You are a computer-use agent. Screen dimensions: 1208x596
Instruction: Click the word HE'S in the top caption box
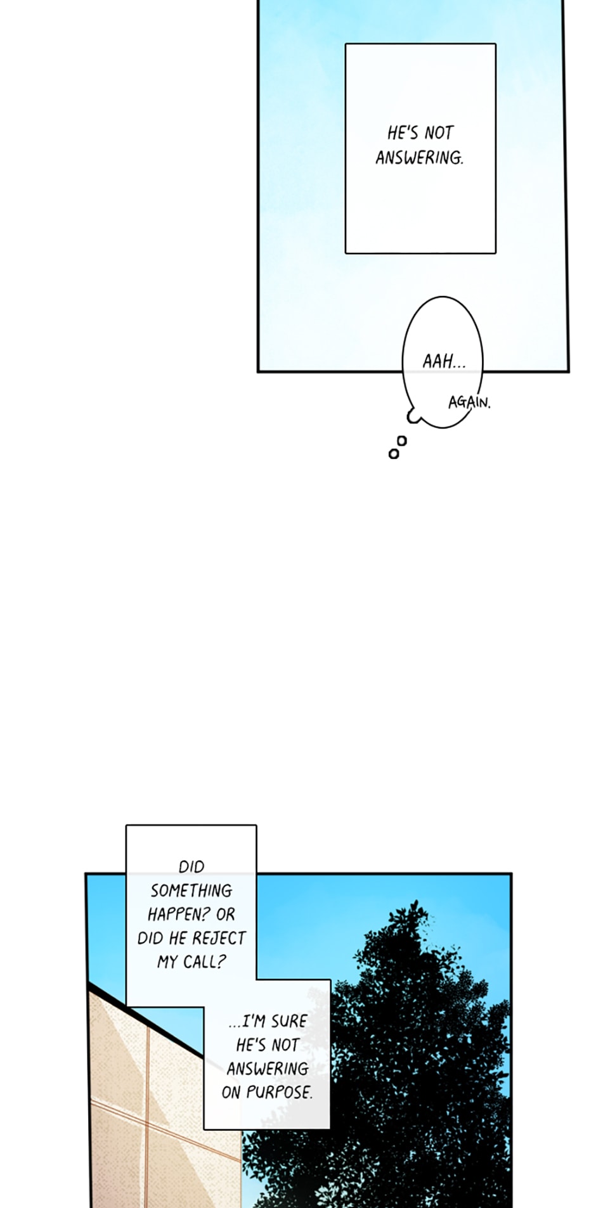click(403, 133)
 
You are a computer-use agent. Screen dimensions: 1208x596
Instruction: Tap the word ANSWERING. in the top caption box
click(419, 158)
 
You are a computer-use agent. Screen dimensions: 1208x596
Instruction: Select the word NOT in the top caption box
click(439, 133)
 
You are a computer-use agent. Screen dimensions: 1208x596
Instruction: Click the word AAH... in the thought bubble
click(443, 362)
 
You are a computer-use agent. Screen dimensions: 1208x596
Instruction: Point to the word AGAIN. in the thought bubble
click(469, 402)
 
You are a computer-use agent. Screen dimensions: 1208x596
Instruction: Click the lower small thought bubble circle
click(394, 454)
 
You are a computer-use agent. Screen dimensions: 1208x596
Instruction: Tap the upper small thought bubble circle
click(401, 440)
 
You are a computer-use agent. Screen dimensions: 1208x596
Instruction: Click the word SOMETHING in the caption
click(191, 891)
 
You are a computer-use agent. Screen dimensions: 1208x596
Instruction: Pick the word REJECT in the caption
click(219, 939)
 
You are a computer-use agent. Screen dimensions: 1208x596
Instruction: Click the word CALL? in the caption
click(204, 962)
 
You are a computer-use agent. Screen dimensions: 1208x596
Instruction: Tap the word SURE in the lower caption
click(288, 1021)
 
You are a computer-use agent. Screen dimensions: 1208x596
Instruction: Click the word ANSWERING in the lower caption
click(268, 1069)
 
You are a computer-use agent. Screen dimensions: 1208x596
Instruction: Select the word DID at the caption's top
click(191, 867)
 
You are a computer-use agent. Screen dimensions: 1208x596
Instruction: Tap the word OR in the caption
click(225, 915)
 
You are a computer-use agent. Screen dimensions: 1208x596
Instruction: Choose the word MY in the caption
click(167, 962)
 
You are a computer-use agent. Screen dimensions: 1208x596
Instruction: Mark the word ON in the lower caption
click(231, 1093)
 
